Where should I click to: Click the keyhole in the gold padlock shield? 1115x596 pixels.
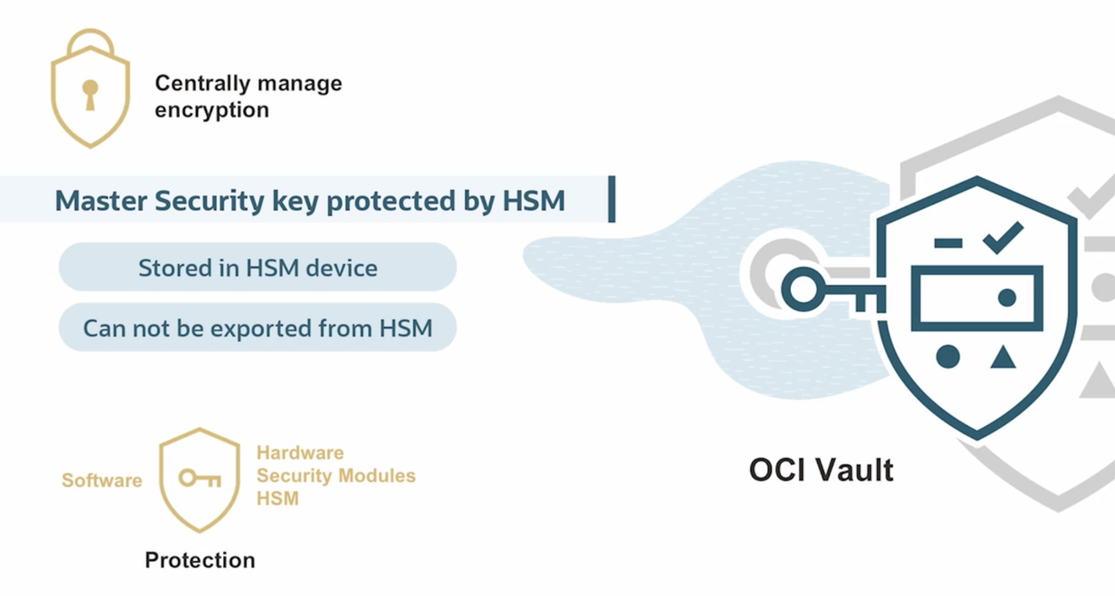tap(90, 95)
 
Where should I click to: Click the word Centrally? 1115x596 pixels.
tap(202, 84)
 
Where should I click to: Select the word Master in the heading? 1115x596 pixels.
tap(101, 200)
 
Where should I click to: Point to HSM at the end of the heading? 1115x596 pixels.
tap(534, 200)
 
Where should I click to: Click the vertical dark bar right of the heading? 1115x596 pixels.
tap(611, 199)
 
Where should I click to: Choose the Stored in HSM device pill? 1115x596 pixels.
tap(257, 267)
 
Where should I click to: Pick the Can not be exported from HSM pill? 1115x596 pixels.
tap(257, 327)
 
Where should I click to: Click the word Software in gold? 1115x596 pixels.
tap(102, 480)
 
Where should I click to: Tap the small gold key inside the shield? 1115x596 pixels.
tap(200, 478)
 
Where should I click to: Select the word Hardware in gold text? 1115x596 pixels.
tap(300, 453)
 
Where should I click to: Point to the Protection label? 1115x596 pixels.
tap(200, 560)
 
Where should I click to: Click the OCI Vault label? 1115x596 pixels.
tap(821, 470)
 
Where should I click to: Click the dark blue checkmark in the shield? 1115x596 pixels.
tap(1004, 237)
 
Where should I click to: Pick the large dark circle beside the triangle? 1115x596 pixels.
tap(948, 357)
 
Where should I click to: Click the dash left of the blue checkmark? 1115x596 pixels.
tap(948, 243)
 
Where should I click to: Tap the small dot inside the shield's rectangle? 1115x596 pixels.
tap(1007, 298)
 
